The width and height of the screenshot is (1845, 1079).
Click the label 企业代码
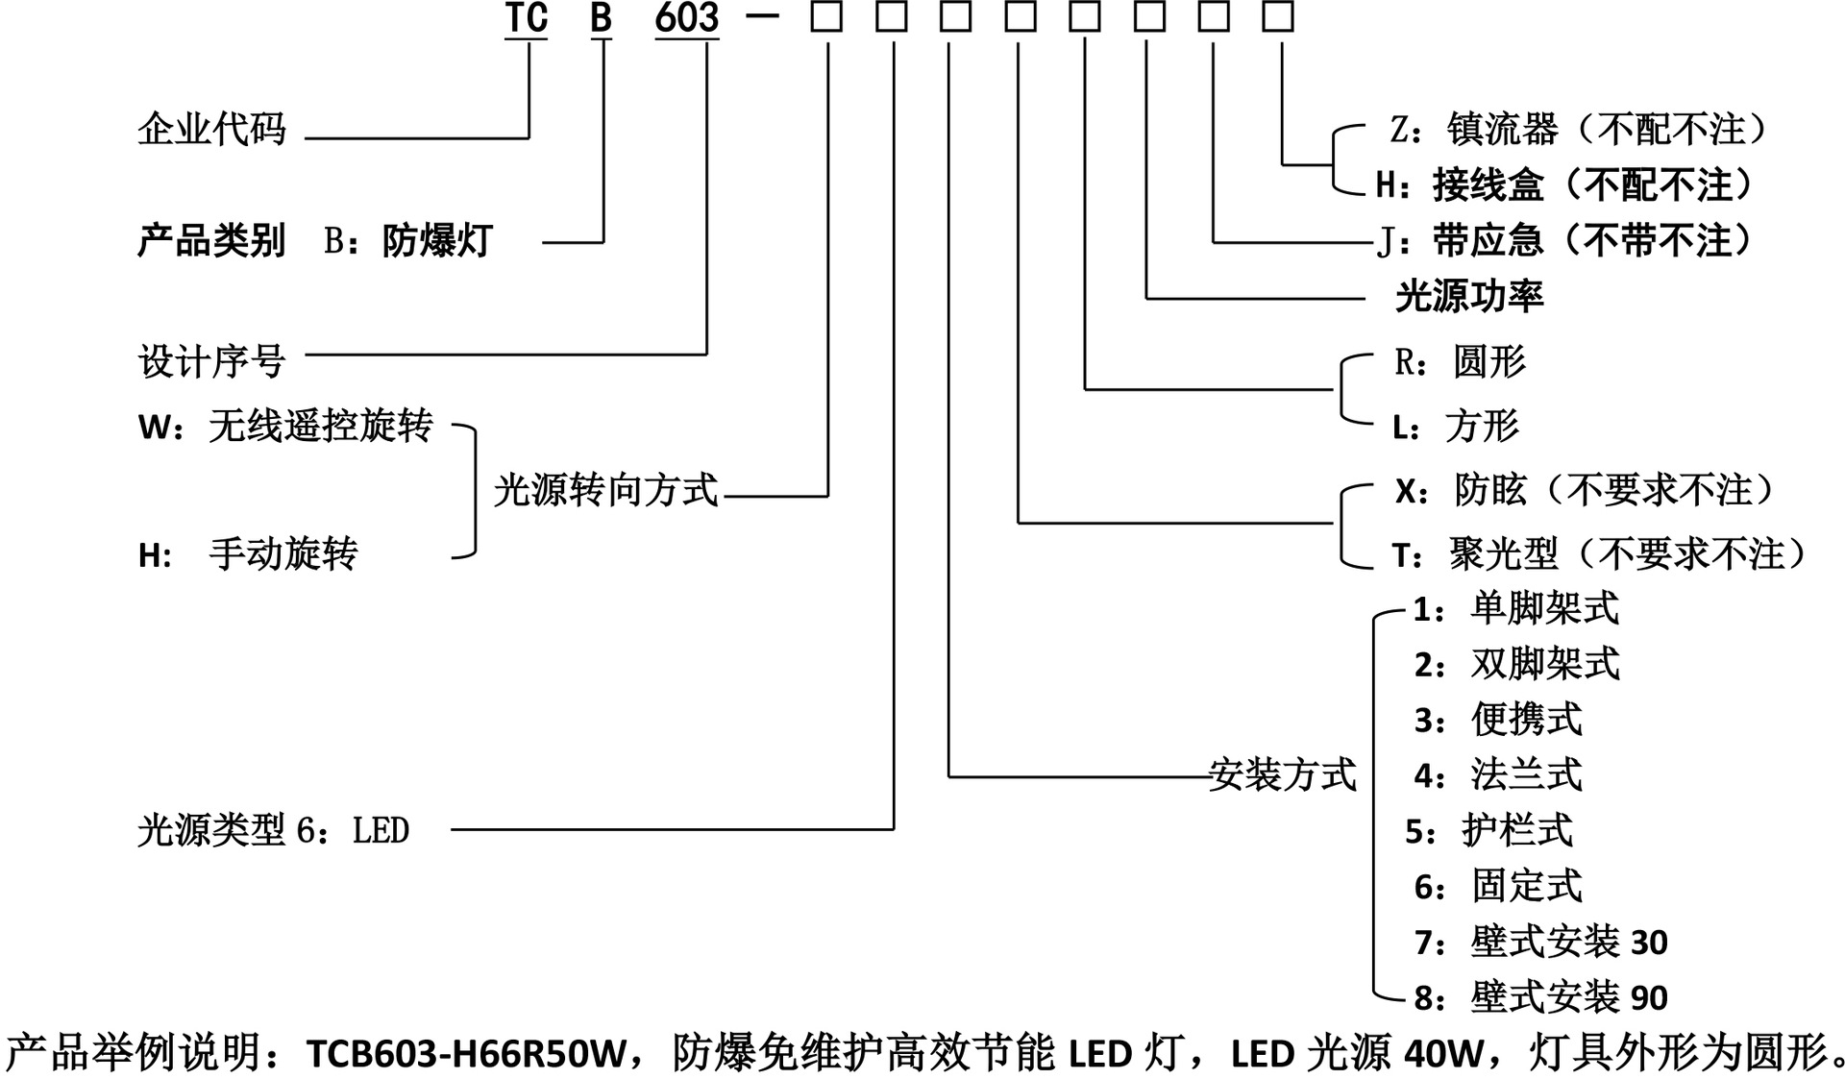pyautogui.click(x=211, y=129)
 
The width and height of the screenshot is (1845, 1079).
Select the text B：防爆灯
pyautogui.click(x=407, y=241)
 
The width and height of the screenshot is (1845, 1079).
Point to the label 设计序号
pyautogui.click(x=211, y=362)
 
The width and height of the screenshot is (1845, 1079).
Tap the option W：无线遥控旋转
pyautogui.click(x=285, y=426)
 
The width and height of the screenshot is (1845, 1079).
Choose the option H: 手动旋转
pyautogui.click(x=247, y=554)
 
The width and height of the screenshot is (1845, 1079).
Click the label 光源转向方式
pyautogui.click(x=605, y=490)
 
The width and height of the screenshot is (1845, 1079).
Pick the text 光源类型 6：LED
pyautogui.click(x=273, y=830)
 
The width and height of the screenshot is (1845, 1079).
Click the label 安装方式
pyautogui.click(x=1282, y=774)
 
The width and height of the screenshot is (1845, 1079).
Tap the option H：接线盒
pyautogui.click(x=1459, y=184)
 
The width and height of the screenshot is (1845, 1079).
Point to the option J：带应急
pyautogui.click(x=1459, y=240)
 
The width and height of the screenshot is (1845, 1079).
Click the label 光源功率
pyautogui.click(x=1468, y=297)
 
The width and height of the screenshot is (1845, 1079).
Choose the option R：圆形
pyautogui.click(x=1459, y=362)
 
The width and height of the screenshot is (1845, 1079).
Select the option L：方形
pyautogui.click(x=1455, y=426)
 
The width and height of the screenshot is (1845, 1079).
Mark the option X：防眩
pyautogui.click(x=1461, y=490)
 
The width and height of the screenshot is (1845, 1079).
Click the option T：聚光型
pyautogui.click(x=1474, y=554)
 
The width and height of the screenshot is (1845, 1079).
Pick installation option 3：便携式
pyautogui.click(x=1497, y=720)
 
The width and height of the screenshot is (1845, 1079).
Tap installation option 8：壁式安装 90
pyautogui.click(x=1540, y=997)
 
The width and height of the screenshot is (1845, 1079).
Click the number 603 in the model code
pyautogui.click(x=686, y=18)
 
